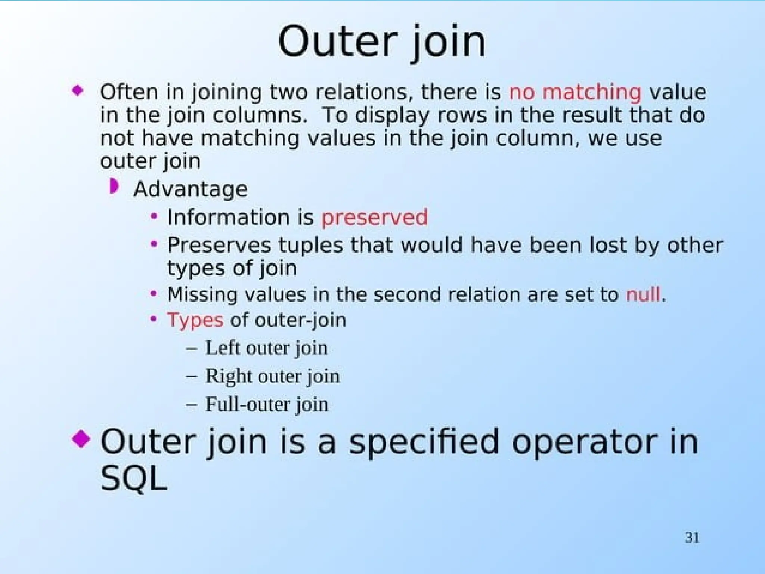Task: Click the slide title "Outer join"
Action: (382, 42)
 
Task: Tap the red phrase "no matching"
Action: (575, 92)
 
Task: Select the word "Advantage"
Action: (191, 189)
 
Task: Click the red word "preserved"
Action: (375, 217)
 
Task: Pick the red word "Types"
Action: (195, 320)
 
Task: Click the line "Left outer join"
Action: (266, 348)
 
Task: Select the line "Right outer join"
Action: (273, 376)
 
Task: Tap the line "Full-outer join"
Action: (267, 404)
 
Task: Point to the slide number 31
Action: (692, 538)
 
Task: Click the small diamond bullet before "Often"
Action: (78, 90)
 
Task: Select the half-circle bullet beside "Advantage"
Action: (114, 186)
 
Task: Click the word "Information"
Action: (229, 217)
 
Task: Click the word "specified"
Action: (424, 442)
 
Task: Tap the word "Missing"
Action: (202, 294)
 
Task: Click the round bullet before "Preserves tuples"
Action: (154, 244)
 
